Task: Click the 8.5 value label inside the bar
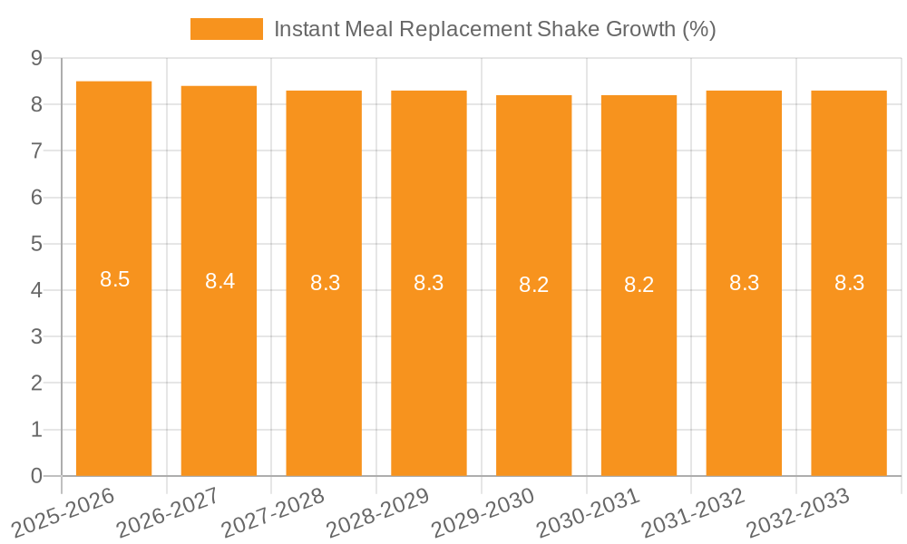point(114,279)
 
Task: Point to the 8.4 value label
point(219,281)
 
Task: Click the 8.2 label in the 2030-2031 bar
point(639,285)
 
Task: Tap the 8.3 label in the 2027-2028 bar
point(325,283)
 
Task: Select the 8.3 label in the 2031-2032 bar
point(744,283)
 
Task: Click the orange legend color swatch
point(226,29)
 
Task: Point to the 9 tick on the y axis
point(36,58)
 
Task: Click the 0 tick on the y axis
point(36,476)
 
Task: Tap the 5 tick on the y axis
point(36,244)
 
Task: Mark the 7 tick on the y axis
point(36,151)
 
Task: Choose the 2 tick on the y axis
point(36,384)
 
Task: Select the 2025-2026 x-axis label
point(63,512)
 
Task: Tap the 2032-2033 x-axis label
point(797,512)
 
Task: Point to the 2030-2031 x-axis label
point(588,512)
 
